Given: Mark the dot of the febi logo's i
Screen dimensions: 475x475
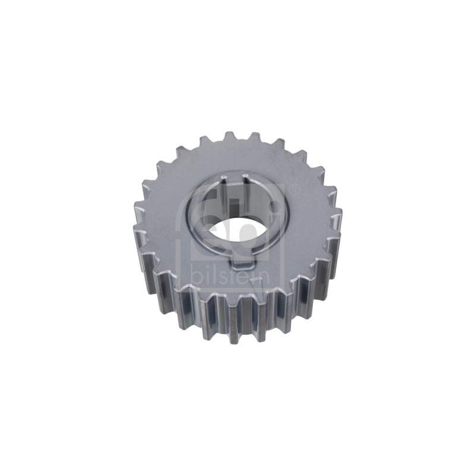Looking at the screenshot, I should coord(274,205).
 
